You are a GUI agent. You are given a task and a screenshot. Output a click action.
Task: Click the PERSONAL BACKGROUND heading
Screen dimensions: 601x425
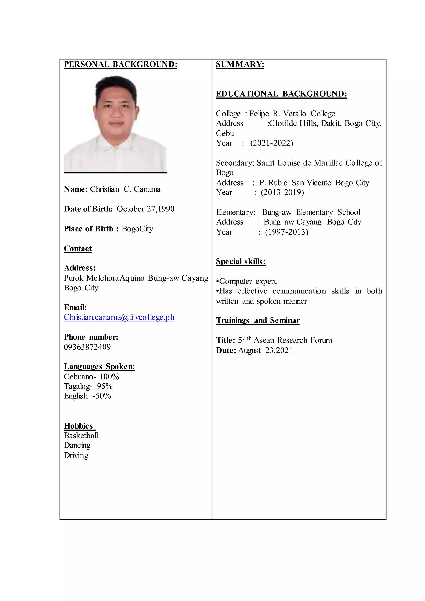pyautogui.click(x=120, y=64)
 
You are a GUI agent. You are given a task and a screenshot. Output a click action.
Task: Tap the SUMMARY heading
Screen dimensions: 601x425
pyautogui.click(x=240, y=64)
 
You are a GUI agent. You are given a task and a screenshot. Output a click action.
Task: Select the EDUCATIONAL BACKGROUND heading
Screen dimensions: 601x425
pyautogui.click(x=281, y=94)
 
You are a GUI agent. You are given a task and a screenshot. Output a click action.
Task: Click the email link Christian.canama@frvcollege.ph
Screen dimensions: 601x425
pyautogui.click(x=119, y=317)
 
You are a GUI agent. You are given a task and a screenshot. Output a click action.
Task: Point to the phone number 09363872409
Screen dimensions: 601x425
pyautogui.click(x=87, y=347)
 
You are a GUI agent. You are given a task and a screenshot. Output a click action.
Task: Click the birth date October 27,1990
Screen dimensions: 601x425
pyautogui.click(x=145, y=209)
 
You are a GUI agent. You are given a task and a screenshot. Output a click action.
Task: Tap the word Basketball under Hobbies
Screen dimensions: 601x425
pyautogui.click(x=81, y=436)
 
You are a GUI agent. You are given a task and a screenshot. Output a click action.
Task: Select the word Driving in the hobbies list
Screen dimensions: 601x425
pyautogui.click(x=76, y=456)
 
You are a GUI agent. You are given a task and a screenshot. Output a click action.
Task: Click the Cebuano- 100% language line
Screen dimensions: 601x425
pyautogui.click(x=91, y=377)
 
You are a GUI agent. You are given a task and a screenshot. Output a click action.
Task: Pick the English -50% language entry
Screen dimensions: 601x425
pyautogui.click(x=87, y=396)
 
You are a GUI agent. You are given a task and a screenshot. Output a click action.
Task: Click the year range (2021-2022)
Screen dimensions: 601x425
pyautogui.click(x=271, y=143)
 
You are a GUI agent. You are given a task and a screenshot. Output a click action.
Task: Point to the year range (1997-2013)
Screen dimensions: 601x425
pyautogui.click(x=287, y=232)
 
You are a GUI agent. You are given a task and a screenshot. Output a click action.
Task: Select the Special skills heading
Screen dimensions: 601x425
pyautogui.click(x=241, y=261)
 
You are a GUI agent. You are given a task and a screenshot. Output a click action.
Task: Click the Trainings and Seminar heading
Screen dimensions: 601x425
pyautogui.click(x=258, y=320)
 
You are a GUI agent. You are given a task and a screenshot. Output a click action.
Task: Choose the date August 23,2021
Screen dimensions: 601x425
pyautogui.click(x=265, y=351)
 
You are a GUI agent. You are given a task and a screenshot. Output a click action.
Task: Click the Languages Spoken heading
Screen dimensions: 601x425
pyautogui.click(x=99, y=366)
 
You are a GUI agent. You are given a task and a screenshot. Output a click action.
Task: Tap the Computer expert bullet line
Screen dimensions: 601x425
pyautogui.click(x=247, y=281)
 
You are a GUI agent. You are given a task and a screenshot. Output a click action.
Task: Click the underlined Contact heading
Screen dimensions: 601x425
pyautogui.click(x=78, y=248)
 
